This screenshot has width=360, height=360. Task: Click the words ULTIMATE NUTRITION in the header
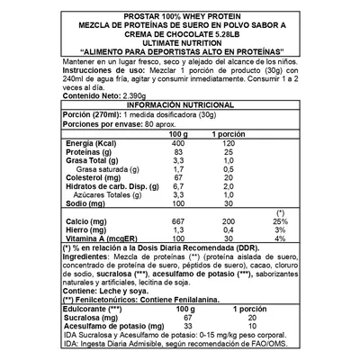(179, 42)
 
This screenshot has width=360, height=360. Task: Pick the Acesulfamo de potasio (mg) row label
(105, 326)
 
